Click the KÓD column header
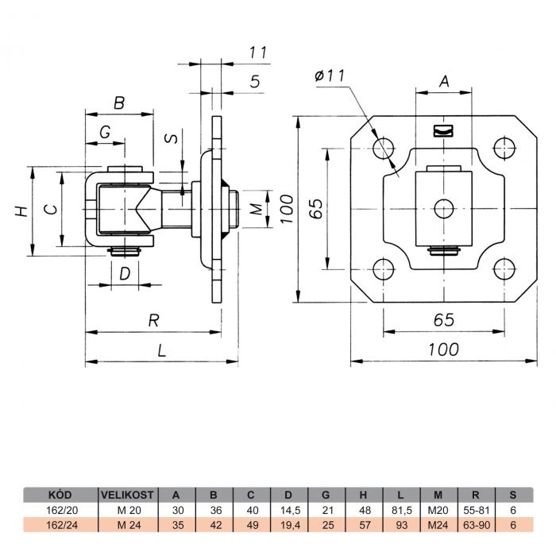click(x=60, y=493)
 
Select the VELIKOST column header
click(x=127, y=493)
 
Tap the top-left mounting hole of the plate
click(x=386, y=147)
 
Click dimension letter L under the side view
click(x=163, y=350)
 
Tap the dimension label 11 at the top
click(x=256, y=52)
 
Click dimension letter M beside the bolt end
click(x=255, y=210)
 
